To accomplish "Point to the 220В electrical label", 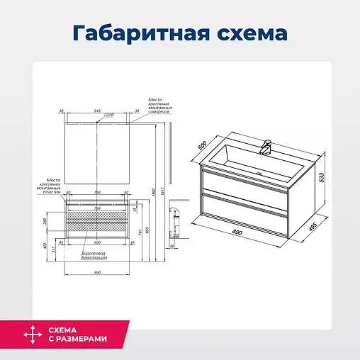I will click(108, 116).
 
